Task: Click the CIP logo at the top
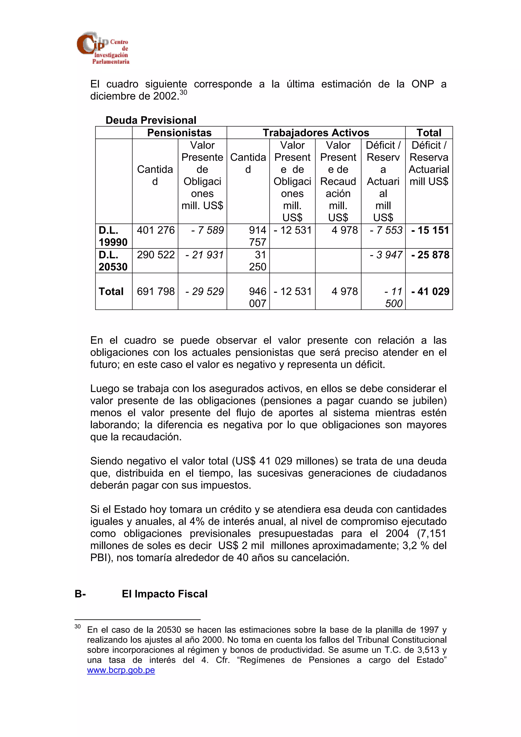pos(103,48)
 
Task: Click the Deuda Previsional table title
pos(151,120)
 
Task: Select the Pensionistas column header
pos(179,132)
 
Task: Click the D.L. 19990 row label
pos(113,236)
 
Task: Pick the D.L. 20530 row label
pos(113,261)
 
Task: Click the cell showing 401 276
pos(156,230)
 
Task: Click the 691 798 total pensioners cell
pos(156,291)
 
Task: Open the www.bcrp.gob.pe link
pos(121,670)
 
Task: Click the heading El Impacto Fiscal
pos(164,594)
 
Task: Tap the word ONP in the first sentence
pos(423,84)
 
